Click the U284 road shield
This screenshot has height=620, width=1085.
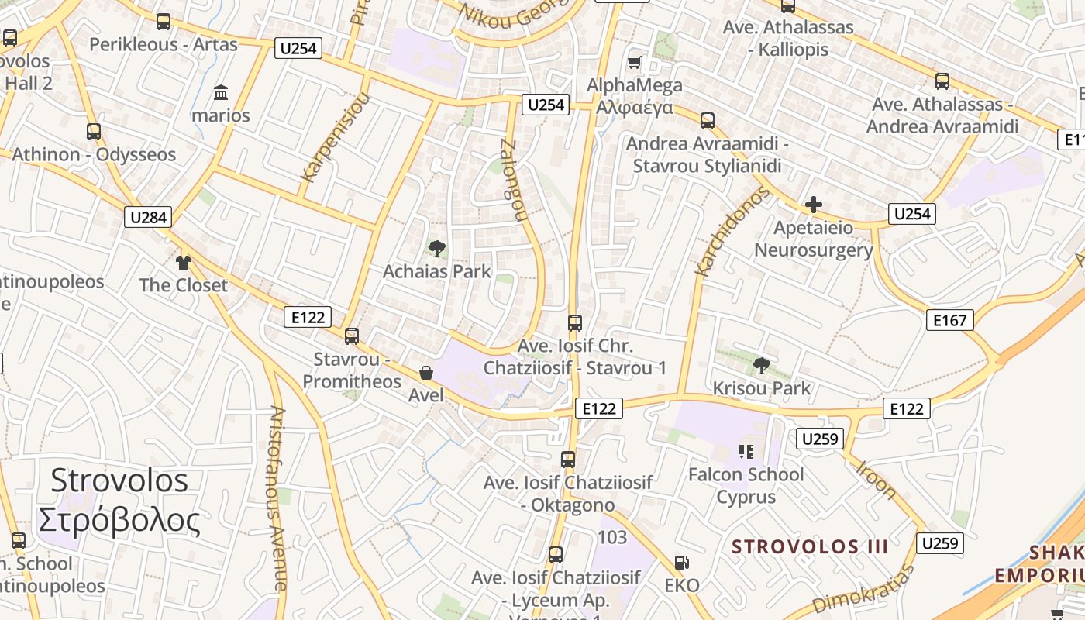click(x=148, y=217)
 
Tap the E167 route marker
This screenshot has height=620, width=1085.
click(x=949, y=319)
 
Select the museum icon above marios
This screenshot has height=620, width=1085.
click(x=221, y=93)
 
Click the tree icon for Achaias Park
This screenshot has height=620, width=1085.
click(x=436, y=249)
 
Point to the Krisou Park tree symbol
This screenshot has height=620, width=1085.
click(x=761, y=365)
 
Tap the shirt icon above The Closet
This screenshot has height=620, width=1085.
click(x=183, y=263)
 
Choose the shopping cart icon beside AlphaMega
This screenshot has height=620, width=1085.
click(x=635, y=62)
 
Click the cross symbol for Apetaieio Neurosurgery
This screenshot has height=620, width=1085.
click(x=813, y=205)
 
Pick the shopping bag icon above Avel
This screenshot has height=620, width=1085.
click(x=425, y=373)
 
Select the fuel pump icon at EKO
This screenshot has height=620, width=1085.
click(x=681, y=563)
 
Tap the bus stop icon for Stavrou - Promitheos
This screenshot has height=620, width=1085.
click(x=352, y=336)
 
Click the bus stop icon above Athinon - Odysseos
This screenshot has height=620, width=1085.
click(x=94, y=132)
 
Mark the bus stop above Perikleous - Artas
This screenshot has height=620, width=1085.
click(x=163, y=22)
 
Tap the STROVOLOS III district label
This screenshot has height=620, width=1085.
click(x=810, y=546)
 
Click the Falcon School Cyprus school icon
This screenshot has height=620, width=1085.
click(x=746, y=451)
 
